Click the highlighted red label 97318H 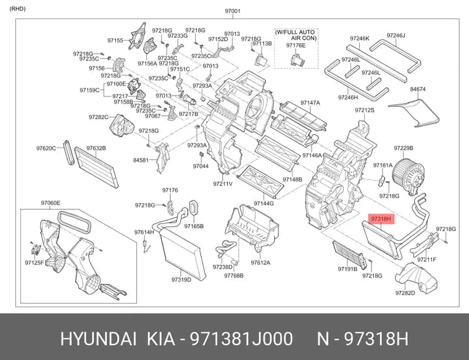click(381, 219)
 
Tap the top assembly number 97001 click(233, 11)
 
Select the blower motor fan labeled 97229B click(409, 176)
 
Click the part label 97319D click(181, 280)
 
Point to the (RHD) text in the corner click(18, 9)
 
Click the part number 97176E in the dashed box click(296, 45)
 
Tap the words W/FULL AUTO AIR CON click(296, 35)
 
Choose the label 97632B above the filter click(96, 148)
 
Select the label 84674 click(418, 89)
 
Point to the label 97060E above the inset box click(51, 203)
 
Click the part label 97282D click(405, 293)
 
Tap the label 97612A click(260, 262)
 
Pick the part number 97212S click(365, 110)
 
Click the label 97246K click(360, 38)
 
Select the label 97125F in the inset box click(35, 262)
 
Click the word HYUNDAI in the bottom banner click(99, 339)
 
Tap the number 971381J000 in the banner click(241, 339)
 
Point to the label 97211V click(223, 184)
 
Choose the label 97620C click(46, 148)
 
